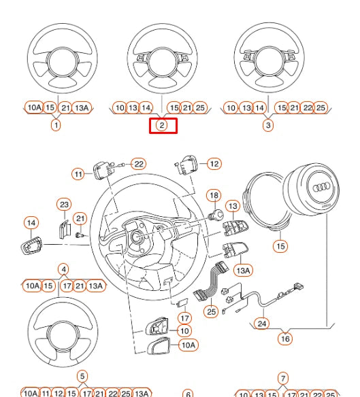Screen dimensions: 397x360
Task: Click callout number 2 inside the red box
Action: (x=162, y=125)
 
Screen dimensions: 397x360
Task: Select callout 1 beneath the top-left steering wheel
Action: (x=56, y=125)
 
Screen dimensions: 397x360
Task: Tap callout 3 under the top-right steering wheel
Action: (x=268, y=125)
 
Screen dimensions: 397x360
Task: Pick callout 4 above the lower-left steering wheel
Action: (x=63, y=269)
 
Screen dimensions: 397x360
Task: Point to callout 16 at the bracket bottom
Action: (x=285, y=338)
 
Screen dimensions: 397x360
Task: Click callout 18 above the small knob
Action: (x=214, y=196)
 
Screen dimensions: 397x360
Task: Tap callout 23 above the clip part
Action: (x=64, y=204)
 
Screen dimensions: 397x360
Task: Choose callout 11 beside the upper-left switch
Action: (x=78, y=174)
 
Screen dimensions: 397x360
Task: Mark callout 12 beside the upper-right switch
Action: (x=214, y=164)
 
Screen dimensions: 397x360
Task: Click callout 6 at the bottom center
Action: (x=189, y=394)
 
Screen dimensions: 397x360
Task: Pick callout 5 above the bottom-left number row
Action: (x=82, y=377)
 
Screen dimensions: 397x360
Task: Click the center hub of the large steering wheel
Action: (x=137, y=237)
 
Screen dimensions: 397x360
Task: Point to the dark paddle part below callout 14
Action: (x=31, y=245)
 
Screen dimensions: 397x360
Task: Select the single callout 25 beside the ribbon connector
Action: (x=211, y=312)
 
